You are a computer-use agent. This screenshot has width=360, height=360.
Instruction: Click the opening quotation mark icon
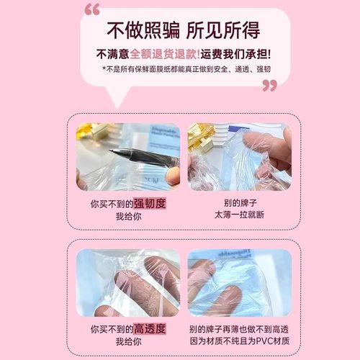pos(92,10)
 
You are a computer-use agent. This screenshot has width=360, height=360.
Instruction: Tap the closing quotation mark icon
pos(269,86)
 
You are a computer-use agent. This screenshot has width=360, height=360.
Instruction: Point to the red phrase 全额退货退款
pos(164,54)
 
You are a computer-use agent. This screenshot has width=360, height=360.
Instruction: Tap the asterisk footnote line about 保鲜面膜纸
pos(179,70)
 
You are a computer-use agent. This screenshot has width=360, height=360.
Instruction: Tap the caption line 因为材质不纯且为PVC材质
pos(239,341)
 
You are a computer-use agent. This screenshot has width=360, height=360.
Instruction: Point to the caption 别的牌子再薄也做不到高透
pos(239,329)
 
